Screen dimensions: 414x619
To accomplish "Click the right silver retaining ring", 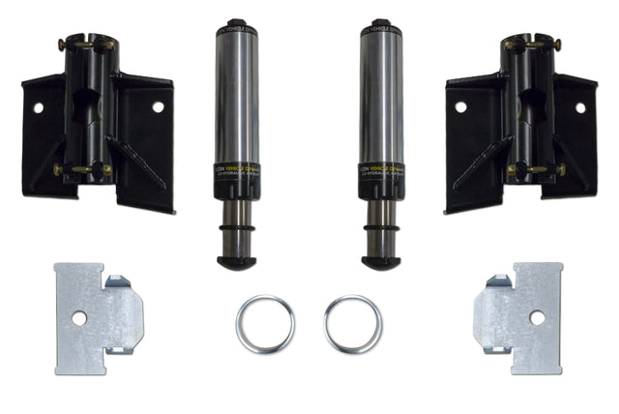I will (352, 324).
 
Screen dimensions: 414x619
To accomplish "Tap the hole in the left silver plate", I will (78, 318).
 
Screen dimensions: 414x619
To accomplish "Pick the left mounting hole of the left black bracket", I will (38, 107).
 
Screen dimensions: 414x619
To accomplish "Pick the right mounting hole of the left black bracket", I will (158, 106).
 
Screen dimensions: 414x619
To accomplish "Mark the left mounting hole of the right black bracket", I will (460, 106).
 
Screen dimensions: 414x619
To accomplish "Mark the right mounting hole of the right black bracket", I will (580, 107).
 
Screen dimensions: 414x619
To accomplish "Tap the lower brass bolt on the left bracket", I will (82, 169).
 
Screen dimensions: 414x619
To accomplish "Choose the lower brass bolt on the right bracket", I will (535, 169).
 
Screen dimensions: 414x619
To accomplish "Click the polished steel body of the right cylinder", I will (381, 97).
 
